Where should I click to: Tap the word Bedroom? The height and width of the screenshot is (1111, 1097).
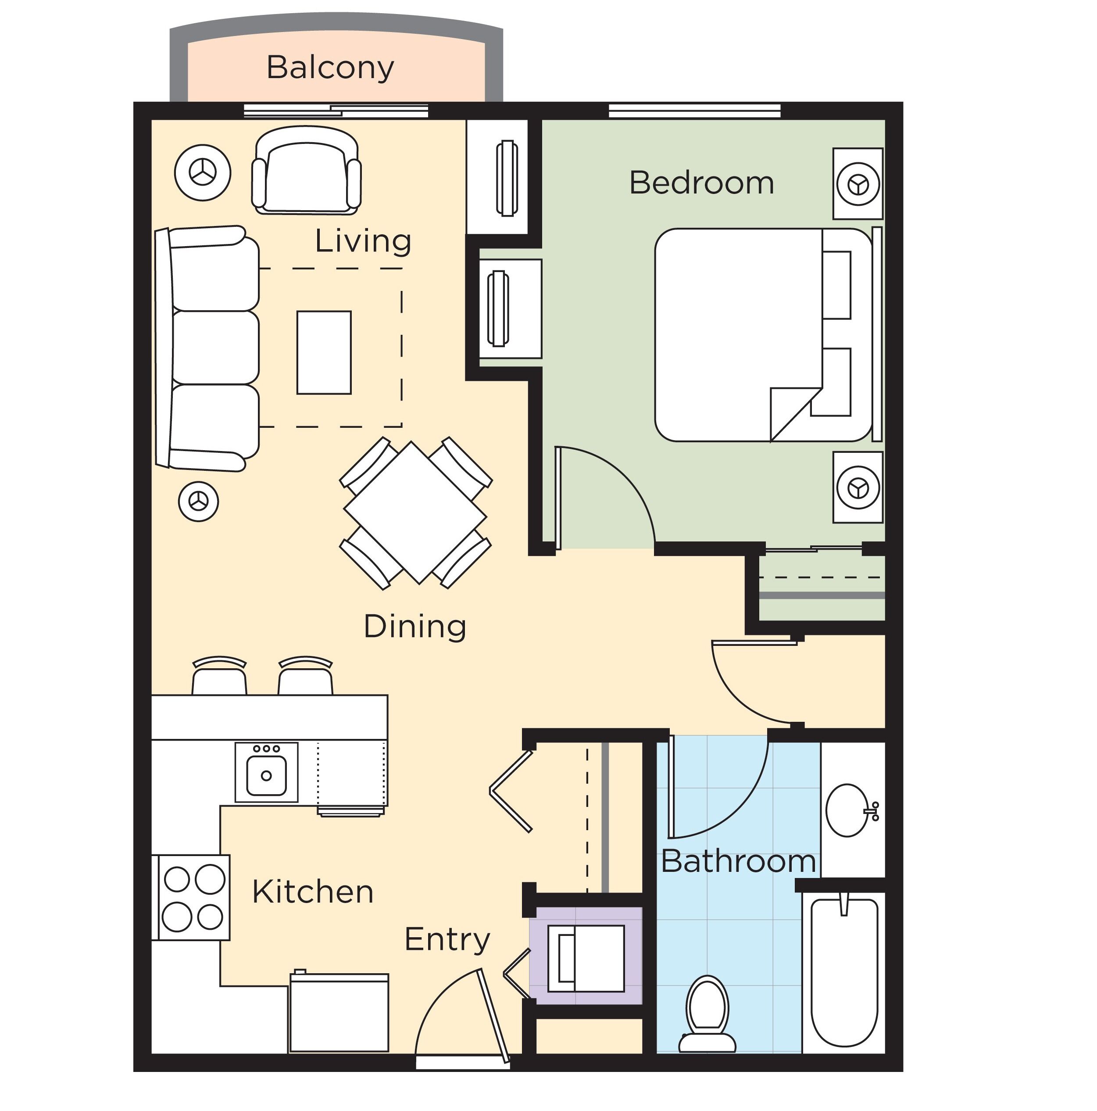pyautogui.click(x=701, y=183)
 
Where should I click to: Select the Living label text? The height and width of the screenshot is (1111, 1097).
pyautogui.click(x=363, y=241)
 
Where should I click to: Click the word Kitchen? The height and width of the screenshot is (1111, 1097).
pyautogui.click(x=313, y=892)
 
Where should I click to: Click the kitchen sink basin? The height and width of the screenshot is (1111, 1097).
pyautogui.click(x=266, y=776)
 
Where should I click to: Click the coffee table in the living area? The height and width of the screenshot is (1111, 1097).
pyautogui.click(x=324, y=352)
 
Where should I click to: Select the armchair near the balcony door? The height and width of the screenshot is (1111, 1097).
pyautogui.click(x=307, y=170)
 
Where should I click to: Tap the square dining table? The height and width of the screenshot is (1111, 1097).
pyautogui.click(x=415, y=513)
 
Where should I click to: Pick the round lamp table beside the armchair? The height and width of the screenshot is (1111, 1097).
pyautogui.click(x=202, y=172)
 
